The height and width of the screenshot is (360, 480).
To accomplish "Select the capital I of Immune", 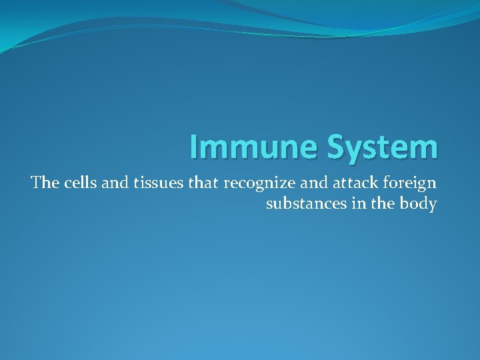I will coord(193,147).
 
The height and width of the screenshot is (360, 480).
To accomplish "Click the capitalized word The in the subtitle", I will coord(45,183).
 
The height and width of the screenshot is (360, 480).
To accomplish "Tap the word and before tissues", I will coord(115,183).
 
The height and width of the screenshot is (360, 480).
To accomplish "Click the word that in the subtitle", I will coord(203,183).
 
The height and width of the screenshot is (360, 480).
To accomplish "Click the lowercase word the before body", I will coord(380,203).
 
